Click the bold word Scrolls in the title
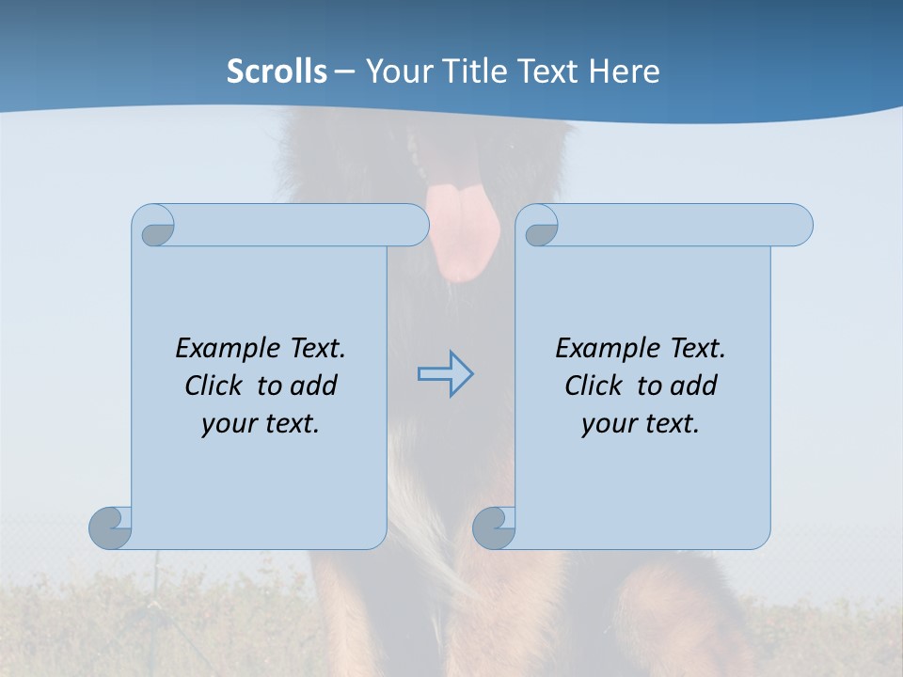(x=277, y=71)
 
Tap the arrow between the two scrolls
(x=445, y=374)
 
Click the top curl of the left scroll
(x=154, y=226)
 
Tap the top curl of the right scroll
(x=539, y=226)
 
